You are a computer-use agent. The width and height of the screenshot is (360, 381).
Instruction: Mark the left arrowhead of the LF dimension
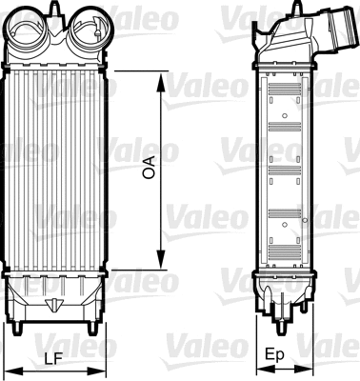[9, 369]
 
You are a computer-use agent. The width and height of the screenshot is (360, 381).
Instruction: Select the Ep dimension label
[275, 355]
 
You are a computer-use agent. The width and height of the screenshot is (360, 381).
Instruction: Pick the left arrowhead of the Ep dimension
[256, 369]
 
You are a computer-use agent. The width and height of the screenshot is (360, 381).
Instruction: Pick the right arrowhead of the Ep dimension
[296, 369]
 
